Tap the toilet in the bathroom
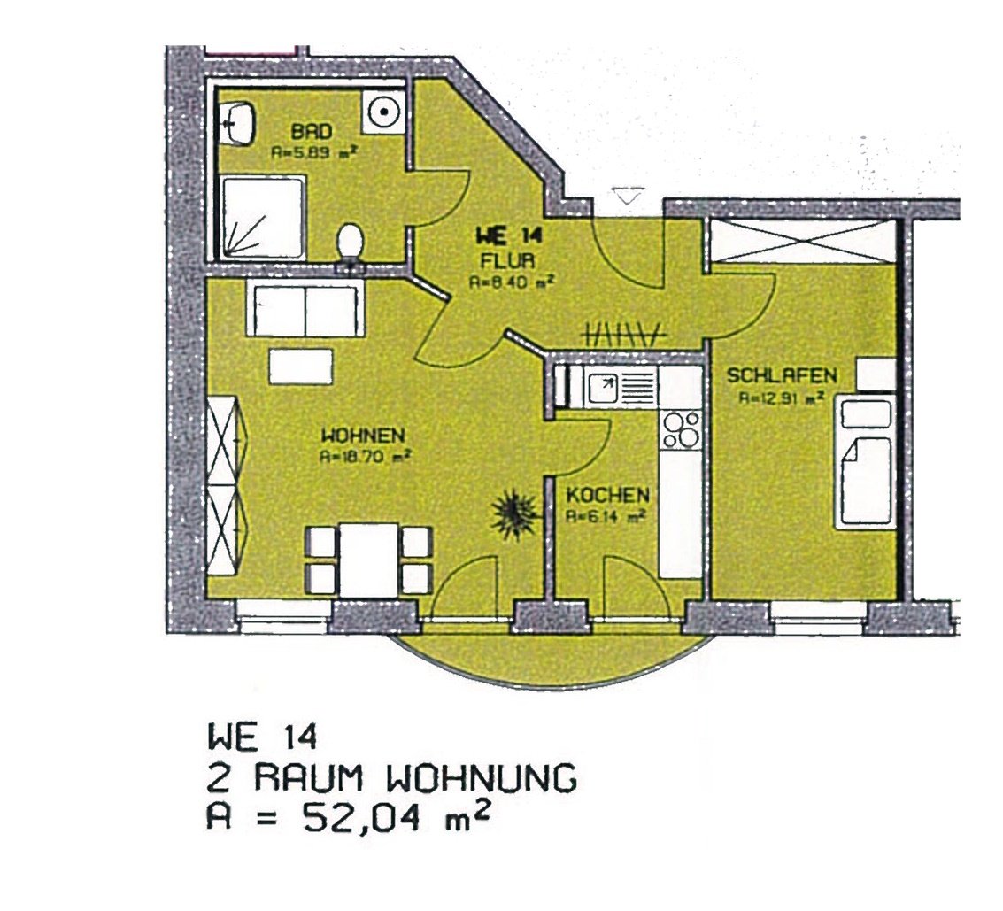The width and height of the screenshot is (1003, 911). (x=351, y=243)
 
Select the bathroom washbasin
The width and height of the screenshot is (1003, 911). (x=240, y=121)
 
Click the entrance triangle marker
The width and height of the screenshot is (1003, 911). (x=628, y=197)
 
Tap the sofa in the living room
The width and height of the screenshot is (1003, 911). (x=305, y=309)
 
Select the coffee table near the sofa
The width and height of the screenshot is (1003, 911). (x=301, y=364)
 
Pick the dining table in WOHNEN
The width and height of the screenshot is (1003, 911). (x=368, y=559)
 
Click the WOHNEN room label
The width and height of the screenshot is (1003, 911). (x=363, y=436)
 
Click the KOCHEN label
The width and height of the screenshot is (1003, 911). (x=608, y=495)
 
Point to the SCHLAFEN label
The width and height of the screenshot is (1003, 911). (x=781, y=377)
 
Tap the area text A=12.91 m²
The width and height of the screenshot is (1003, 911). (x=783, y=398)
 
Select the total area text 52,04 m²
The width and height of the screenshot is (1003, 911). (x=347, y=816)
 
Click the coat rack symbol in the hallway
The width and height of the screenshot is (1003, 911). (x=623, y=334)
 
